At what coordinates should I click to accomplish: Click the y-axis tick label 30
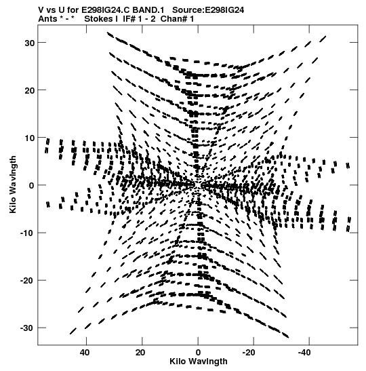click(30, 43)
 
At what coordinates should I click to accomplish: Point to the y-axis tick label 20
click(30, 90)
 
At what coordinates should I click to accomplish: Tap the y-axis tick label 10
click(30, 138)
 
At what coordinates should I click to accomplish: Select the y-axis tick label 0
click(32, 186)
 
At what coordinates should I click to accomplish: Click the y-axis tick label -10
click(27, 233)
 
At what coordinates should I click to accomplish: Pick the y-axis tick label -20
click(27, 281)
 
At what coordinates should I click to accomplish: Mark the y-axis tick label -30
click(27, 328)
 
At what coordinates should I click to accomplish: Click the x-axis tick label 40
click(85, 353)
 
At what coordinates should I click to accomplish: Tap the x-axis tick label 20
click(140, 353)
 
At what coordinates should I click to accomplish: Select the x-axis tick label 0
click(198, 353)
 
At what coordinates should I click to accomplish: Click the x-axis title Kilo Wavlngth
click(199, 362)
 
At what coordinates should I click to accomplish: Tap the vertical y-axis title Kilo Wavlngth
click(14, 184)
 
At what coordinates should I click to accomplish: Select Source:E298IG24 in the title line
click(208, 10)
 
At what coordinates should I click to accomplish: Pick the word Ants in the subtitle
click(47, 19)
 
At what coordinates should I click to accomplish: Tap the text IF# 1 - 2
click(139, 19)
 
